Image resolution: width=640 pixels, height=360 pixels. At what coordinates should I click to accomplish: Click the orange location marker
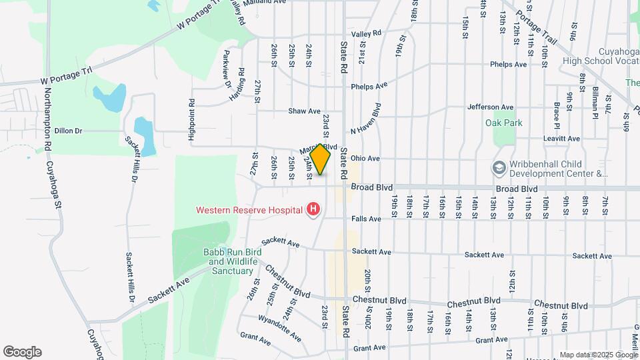pos(321,159)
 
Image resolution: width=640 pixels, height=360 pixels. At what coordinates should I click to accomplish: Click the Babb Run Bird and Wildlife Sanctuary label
pos(231,261)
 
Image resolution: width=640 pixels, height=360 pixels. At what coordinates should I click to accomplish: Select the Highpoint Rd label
pos(191,120)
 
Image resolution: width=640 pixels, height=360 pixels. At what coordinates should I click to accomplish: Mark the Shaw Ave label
pos(305,111)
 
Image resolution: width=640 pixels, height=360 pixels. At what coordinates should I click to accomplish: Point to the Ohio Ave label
pos(365,159)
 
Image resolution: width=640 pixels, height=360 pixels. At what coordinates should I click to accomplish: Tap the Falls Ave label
pos(366,219)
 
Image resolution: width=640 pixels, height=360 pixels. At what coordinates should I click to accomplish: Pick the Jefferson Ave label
pos(491,107)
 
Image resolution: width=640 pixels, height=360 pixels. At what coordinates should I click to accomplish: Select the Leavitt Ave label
pos(561,139)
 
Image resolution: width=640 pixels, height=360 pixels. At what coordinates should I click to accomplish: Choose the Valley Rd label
pos(367,33)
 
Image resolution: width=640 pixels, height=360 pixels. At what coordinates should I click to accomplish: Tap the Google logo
pos(22,351)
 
